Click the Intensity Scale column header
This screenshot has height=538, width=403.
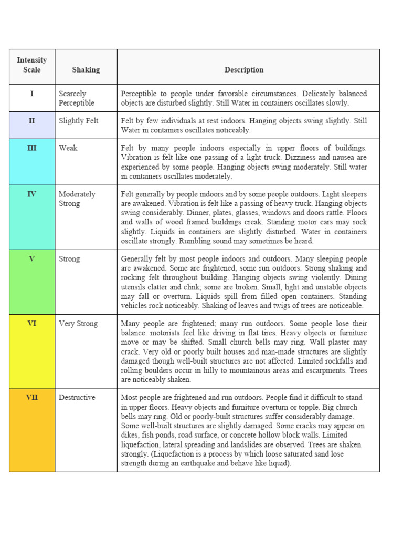(x=31, y=65)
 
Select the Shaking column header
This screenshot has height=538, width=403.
(x=86, y=70)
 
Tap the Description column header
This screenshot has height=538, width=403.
(x=244, y=70)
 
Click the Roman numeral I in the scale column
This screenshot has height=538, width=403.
(x=31, y=94)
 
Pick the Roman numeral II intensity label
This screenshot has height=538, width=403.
(x=31, y=121)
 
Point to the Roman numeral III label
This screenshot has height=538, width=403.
(x=31, y=148)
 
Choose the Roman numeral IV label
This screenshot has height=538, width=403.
(x=31, y=194)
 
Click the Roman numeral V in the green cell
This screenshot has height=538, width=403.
(x=31, y=259)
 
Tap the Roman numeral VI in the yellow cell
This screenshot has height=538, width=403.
(x=31, y=324)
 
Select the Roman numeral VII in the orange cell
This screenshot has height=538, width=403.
(x=31, y=398)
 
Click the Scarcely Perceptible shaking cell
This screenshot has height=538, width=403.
(x=77, y=98)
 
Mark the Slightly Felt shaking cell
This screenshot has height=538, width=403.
(x=79, y=121)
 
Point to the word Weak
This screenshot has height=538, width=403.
(x=68, y=148)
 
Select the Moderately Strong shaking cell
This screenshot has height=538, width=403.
(x=77, y=199)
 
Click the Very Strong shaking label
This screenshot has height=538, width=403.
(x=78, y=324)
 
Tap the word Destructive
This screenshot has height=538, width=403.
(x=77, y=398)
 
